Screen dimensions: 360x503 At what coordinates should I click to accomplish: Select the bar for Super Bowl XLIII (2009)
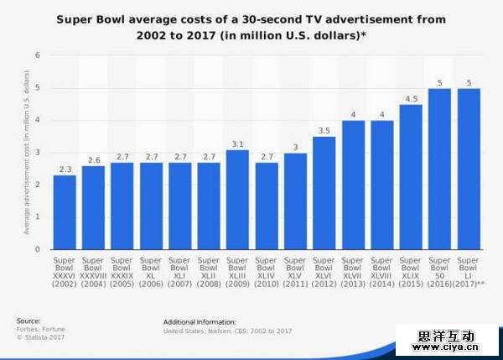[x=237, y=199]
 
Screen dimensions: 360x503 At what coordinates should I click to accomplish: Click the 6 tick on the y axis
[x=37, y=55]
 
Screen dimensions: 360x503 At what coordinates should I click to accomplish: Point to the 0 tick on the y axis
[x=37, y=249]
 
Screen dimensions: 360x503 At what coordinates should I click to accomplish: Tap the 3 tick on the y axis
[x=37, y=152]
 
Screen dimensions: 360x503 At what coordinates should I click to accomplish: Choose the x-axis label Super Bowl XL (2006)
[x=151, y=273]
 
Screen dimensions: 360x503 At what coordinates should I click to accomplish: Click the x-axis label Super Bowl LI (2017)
[x=469, y=273]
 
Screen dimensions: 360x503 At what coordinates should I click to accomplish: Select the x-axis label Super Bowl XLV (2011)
[x=295, y=273]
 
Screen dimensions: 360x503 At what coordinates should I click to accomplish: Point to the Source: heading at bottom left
[x=28, y=321]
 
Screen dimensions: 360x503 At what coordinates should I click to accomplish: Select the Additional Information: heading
[x=200, y=321]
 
